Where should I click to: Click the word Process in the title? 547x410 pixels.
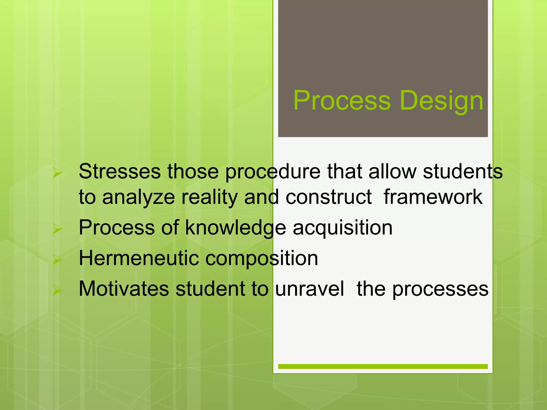coord(342,101)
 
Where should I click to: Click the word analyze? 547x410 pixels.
coord(138,198)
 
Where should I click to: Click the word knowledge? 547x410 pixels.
coord(236,228)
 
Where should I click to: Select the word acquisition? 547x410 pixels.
coord(342,228)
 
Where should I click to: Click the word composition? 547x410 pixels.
coord(262,259)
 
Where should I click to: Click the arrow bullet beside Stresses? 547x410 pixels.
coord(57,173)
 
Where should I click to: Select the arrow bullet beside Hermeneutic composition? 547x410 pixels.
coord(57,259)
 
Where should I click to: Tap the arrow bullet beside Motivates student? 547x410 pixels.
coord(57,290)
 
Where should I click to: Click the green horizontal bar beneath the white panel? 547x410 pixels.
coord(383,366)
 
